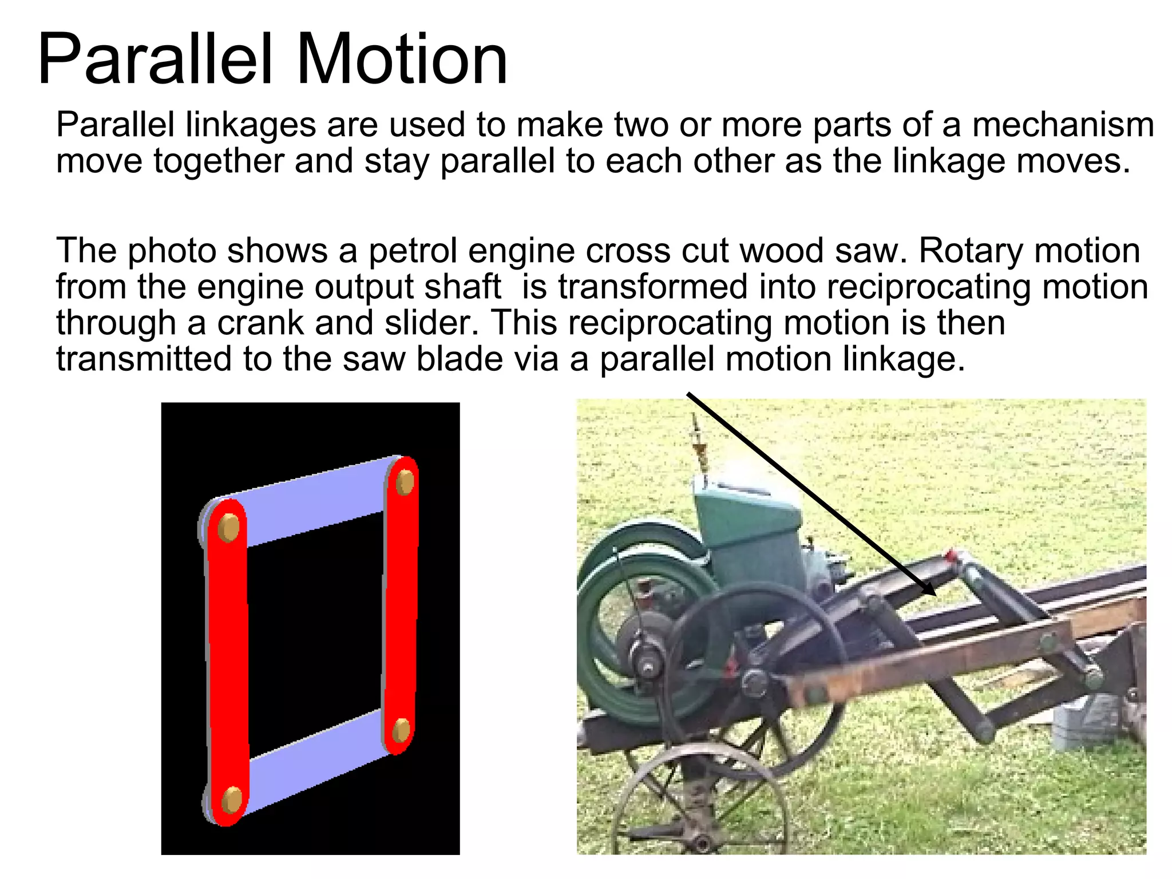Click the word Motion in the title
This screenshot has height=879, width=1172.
click(x=402, y=60)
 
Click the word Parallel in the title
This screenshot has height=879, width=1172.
click(x=155, y=60)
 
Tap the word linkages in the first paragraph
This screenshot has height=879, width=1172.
click(x=251, y=125)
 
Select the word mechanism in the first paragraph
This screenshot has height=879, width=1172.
click(x=1063, y=125)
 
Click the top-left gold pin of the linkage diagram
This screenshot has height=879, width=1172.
click(x=228, y=528)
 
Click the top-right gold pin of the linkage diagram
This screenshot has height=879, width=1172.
click(x=405, y=482)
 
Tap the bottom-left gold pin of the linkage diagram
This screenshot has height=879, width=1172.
click(x=232, y=799)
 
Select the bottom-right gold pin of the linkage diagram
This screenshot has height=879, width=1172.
click(x=401, y=730)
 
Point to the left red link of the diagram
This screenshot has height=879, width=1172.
click(x=228, y=658)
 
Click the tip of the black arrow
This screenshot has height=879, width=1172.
click(x=935, y=595)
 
